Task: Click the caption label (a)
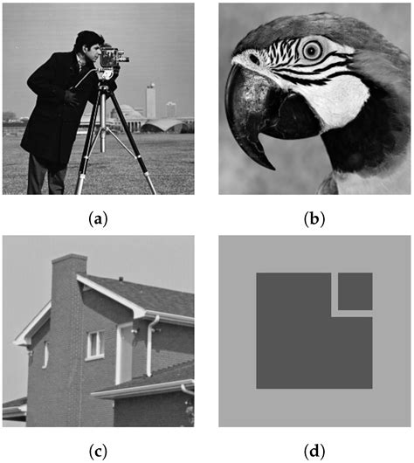click(98, 218)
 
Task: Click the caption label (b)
click(314, 218)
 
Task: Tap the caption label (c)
click(98, 451)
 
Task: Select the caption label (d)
click(314, 451)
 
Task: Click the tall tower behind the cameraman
click(150, 100)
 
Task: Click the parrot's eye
click(311, 51)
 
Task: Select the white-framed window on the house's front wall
click(95, 344)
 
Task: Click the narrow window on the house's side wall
click(45, 354)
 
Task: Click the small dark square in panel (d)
click(355, 291)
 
